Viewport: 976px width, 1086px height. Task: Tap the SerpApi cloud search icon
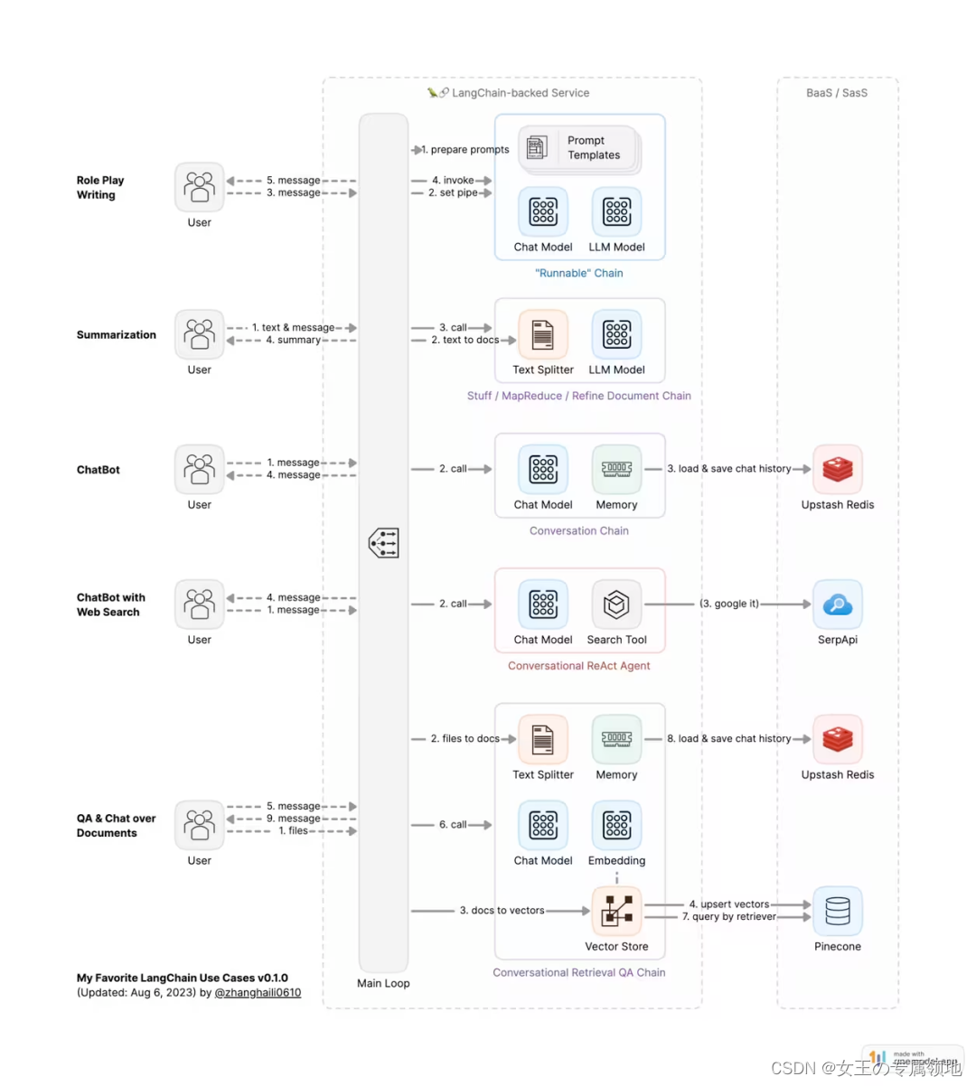coord(837,604)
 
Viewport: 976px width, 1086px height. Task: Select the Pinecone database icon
coord(837,911)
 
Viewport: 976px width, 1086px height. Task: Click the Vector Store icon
coord(616,911)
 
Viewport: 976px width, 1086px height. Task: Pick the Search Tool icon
coord(616,604)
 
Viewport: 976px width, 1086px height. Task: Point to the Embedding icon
coord(616,825)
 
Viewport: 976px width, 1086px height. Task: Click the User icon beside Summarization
coord(199,334)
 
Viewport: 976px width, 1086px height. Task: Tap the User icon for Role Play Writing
coord(199,187)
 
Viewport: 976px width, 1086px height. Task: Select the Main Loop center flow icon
coord(383,543)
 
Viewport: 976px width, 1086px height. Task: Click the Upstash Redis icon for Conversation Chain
coord(837,469)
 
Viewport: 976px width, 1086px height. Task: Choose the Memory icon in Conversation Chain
coord(616,469)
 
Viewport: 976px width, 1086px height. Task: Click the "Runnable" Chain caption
coord(578,273)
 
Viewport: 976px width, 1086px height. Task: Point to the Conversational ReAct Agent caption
coord(578,666)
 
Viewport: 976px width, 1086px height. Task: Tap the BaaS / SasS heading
coord(836,93)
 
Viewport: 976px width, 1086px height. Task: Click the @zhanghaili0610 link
coord(258,992)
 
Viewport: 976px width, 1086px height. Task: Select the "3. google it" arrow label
coord(729,604)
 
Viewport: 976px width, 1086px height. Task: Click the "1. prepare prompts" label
coord(465,150)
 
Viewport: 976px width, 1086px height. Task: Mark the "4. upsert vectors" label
coord(728,904)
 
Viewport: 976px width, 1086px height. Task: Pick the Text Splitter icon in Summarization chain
coord(542,334)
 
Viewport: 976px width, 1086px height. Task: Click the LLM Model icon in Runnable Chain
coord(616,211)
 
